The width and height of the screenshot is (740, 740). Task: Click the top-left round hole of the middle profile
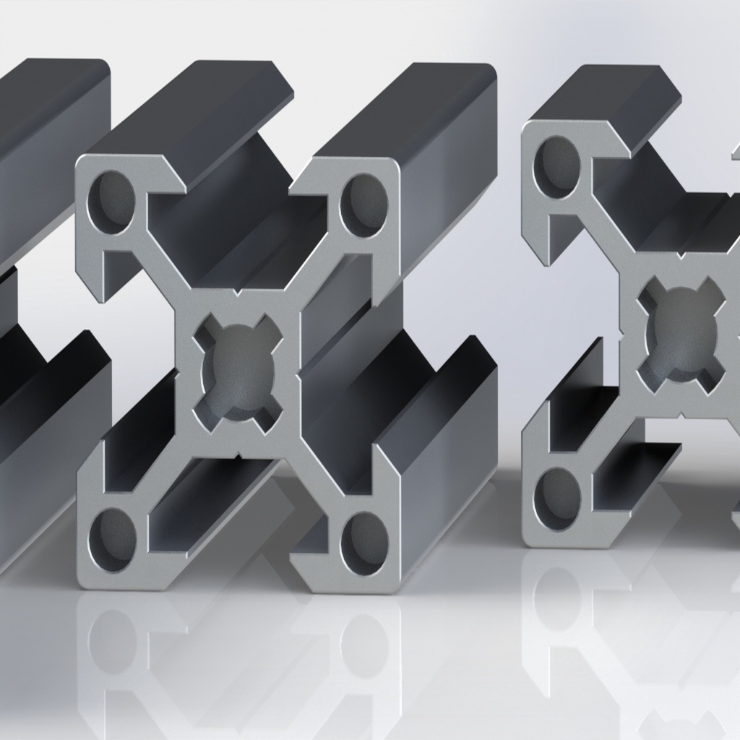pos(111,202)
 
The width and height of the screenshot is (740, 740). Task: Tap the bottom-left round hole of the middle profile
pos(113,539)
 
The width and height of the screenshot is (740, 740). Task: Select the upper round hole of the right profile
pos(556,167)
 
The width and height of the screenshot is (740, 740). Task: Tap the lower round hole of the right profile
pos(556,499)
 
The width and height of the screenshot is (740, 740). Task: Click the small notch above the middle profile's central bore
pos(237,293)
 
